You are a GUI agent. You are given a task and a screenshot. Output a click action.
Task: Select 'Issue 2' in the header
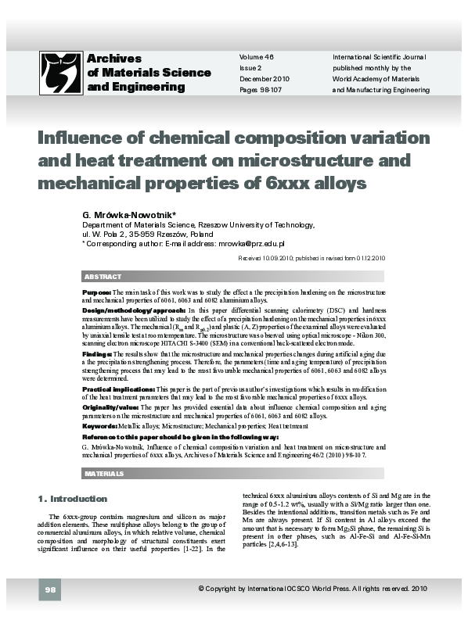[250, 68]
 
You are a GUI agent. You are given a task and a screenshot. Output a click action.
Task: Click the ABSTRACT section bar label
[102, 277]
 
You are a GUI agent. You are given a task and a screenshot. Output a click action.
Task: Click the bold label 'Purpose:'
[96, 292]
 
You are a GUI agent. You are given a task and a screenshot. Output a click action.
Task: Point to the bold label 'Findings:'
[97, 353]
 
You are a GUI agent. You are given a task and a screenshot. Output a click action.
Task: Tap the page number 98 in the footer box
[49, 610]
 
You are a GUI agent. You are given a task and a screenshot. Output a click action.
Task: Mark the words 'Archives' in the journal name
[113, 59]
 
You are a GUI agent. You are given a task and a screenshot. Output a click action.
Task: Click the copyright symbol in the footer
[201, 610]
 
